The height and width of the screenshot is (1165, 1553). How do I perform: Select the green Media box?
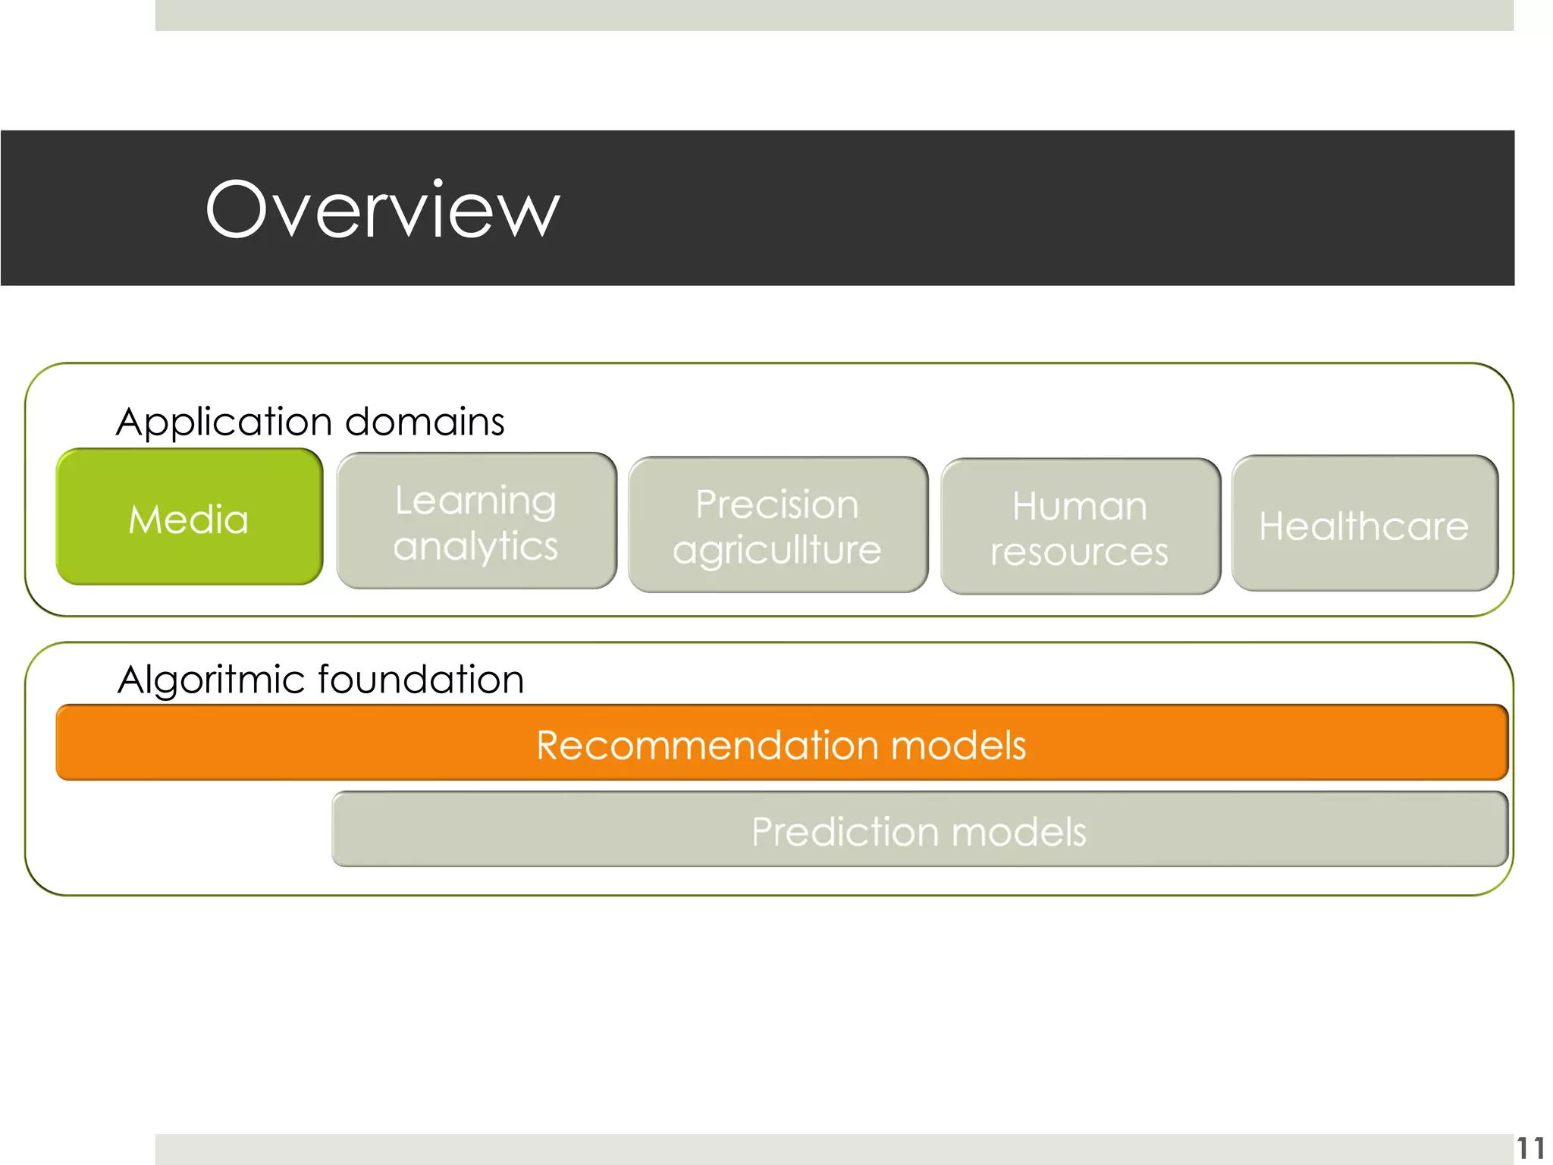[x=189, y=517]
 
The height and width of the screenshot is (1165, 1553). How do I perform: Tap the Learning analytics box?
[x=476, y=521]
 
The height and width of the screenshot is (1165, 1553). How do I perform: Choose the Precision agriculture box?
[x=778, y=525]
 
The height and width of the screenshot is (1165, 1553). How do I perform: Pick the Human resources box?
[x=1080, y=526]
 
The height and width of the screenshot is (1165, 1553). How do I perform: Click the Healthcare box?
[x=1364, y=524]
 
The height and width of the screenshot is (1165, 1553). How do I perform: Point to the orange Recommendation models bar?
[x=781, y=743]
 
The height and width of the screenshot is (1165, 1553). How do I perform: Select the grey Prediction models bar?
[x=919, y=830]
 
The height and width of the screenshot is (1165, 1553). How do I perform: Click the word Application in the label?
[x=224, y=422]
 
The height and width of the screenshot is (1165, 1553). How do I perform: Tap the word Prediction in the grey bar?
[x=846, y=831]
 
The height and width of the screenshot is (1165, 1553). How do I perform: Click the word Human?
[x=1080, y=506]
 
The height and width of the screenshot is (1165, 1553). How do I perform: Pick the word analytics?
[x=475, y=546]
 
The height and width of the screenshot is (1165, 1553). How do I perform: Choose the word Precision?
[x=777, y=504]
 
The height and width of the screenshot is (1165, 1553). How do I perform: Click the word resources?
[x=1080, y=551]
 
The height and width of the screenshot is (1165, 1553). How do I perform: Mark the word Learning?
[x=475, y=501]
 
